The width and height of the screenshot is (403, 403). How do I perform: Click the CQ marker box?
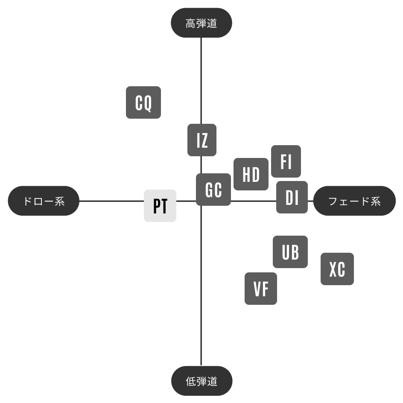click(143, 102)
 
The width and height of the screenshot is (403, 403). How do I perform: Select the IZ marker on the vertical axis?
click(202, 140)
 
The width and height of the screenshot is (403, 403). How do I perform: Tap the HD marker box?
click(251, 174)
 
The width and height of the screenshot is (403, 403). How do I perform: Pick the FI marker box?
click(286, 161)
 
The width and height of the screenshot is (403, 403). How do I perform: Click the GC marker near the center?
click(213, 190)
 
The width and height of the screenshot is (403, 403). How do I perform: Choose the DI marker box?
click(292, 197)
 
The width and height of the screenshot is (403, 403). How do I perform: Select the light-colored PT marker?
click(160, 206)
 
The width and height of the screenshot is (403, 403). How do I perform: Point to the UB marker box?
click(290, 251)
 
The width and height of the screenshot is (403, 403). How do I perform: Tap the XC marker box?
click(337, 269)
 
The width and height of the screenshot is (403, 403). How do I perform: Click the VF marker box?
click(260, 288)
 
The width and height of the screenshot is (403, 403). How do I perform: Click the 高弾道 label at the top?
click(201, 23)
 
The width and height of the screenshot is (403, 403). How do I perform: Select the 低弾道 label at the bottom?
click(202, 381)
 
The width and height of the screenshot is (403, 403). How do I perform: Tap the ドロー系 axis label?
click(44, 201)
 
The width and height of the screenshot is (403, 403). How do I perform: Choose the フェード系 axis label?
click(354, 201)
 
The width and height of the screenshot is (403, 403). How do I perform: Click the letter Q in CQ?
click(148, 103)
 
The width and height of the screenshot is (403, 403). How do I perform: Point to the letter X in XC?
click(333, 269)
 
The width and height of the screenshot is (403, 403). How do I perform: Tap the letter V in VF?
click(257, 289)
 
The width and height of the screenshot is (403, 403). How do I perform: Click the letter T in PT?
click(164, 206)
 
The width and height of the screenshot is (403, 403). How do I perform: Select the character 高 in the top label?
click(191, 23)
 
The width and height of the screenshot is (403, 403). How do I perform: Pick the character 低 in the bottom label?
click(191, 381)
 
